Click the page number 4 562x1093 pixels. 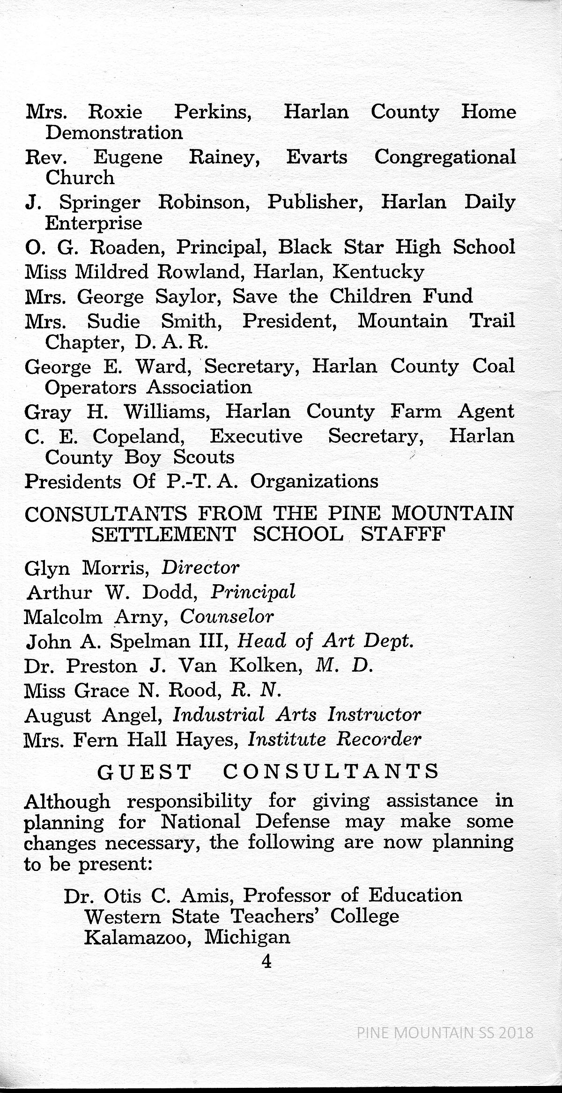(267, 962)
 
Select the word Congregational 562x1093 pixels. (445, 157)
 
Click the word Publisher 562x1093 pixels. (315, 202)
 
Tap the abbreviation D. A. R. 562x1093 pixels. (171, 343)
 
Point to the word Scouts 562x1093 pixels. (204, 457)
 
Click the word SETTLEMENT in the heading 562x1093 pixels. (163, 534)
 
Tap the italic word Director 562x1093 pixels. (200, 568)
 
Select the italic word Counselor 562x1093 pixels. (227, 617)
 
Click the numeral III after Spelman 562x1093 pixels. (214, 641)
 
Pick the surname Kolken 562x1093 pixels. (266, 666)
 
